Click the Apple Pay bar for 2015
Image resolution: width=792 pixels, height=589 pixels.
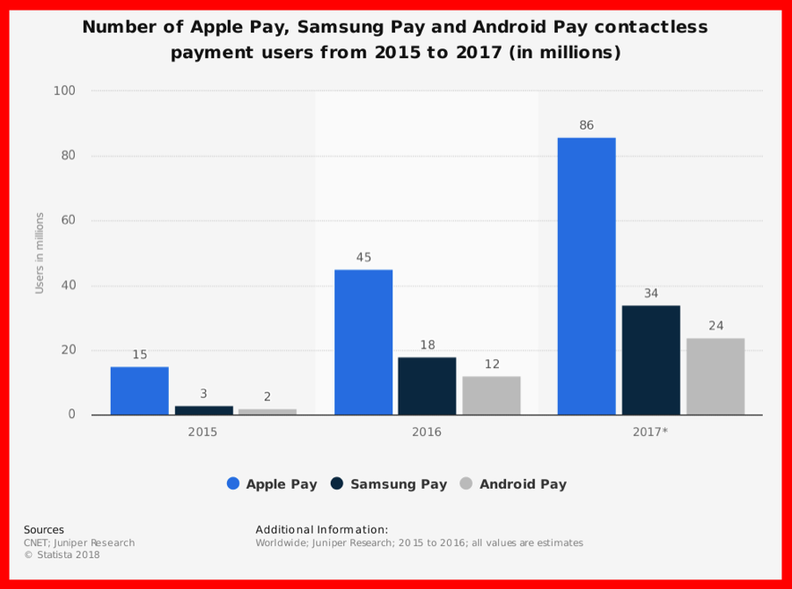pyautogui.click(x=139, y=391)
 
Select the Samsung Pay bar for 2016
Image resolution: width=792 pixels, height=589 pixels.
pyautogui.click(x=427, y=386)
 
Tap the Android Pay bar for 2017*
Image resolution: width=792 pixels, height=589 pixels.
pyautogui.click(x=715, y=376)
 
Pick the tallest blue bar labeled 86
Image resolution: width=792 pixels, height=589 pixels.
pyautogui.click(x=586, y=276)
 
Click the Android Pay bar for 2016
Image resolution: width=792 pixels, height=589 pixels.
pyautogui.click(x=491, y=395)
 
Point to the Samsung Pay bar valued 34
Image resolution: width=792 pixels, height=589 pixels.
pyautogui.click(x=651, y=360)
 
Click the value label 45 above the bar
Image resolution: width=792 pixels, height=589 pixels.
pyautogui.click(x=363, y=258)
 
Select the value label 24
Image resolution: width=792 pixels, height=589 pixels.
pyautogui.click(x=715, y=326)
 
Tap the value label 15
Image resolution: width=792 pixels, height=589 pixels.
pyautogui.click(x=139, y=355)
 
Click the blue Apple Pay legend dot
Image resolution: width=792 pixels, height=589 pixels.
pyautogui.click(x=233, y=483)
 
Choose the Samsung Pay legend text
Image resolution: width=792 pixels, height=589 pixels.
pyautogui.click(x=399, y=483)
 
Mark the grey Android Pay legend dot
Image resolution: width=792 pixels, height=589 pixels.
pyautogui.click(x=466, y=483)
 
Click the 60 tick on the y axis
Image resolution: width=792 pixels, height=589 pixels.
pyautogui.click(x=68, y=221)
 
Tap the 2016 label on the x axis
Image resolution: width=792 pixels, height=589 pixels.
pyautogui.click(x=427, y=432)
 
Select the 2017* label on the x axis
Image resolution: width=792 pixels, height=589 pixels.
pyautogui.click(x=651, y=432)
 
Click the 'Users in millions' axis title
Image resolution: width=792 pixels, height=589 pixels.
pyautogui.click(x=40, y=253)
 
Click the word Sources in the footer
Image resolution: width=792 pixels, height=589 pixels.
pyautogui.click(x=44, y=530)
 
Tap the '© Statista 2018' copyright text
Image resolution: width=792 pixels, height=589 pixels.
pyautogui.click(x=62, y=555)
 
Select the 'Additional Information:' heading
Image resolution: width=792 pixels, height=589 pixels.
pyautogui.click(x=321, y=530)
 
